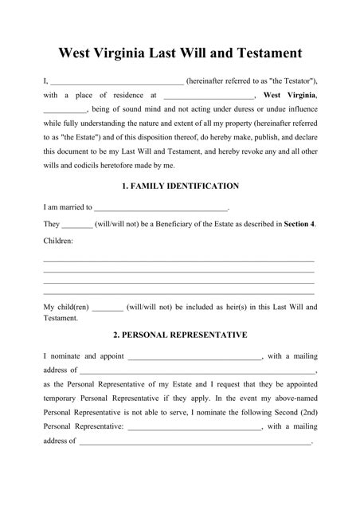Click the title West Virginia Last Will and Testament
[180, 54]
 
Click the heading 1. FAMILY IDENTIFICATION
[180, 186]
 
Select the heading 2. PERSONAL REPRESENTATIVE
[180, 335]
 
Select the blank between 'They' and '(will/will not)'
[77, 225]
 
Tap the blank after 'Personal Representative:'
[194, 428]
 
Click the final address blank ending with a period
[194, 442]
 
